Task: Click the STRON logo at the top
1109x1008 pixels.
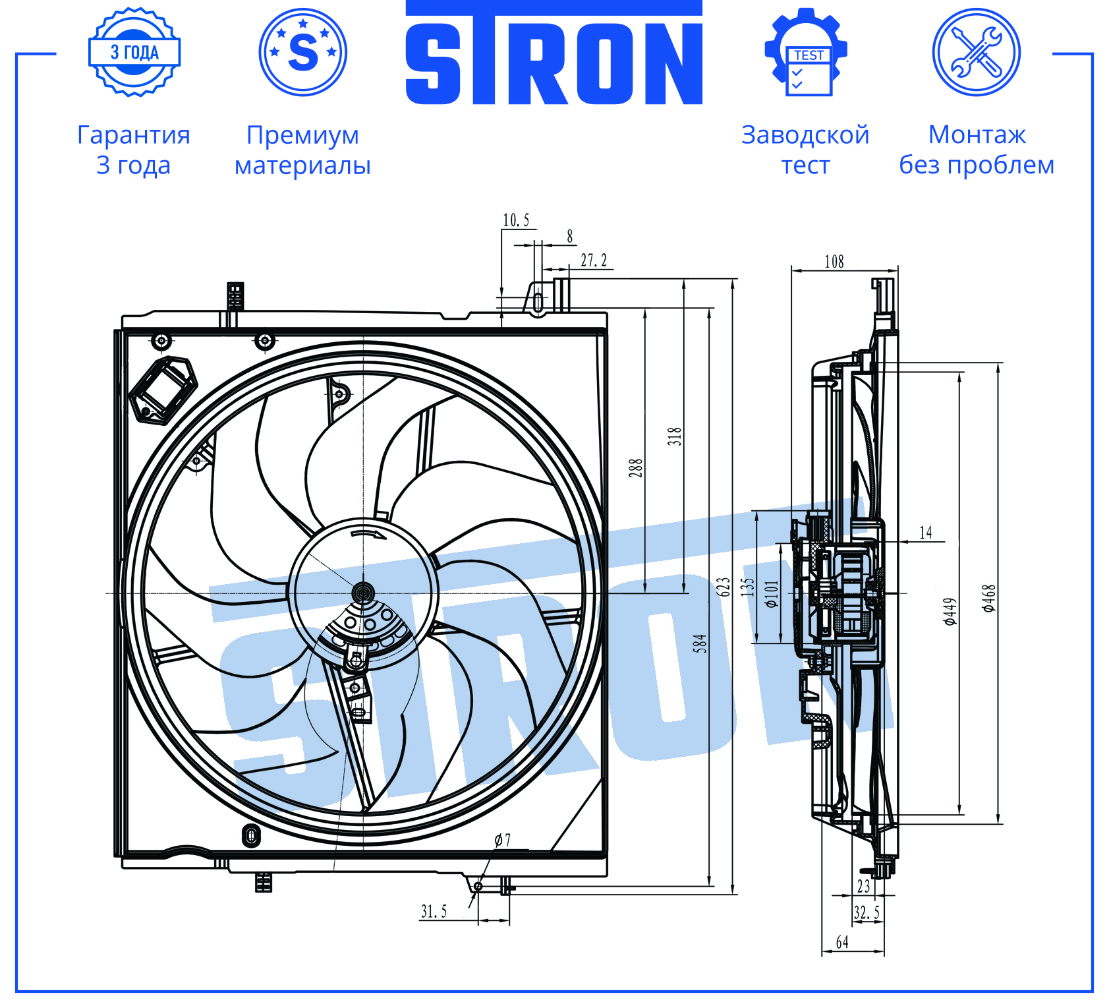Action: (x=554, y=53)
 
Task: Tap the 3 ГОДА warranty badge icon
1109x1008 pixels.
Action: (x=134, y=52)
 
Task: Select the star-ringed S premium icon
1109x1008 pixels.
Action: (x=303, y=52)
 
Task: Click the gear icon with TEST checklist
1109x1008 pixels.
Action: (x=806, y=52)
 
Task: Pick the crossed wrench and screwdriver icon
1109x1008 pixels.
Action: (x=977, y=52)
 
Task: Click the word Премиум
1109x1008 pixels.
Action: (x=303, y=135)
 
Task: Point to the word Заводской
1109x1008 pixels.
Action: (x=805, y=135)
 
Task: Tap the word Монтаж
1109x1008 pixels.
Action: (x=977, y=134)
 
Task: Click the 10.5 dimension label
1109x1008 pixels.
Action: (x=516, y=220)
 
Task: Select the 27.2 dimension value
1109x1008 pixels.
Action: (x=594, y=260)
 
